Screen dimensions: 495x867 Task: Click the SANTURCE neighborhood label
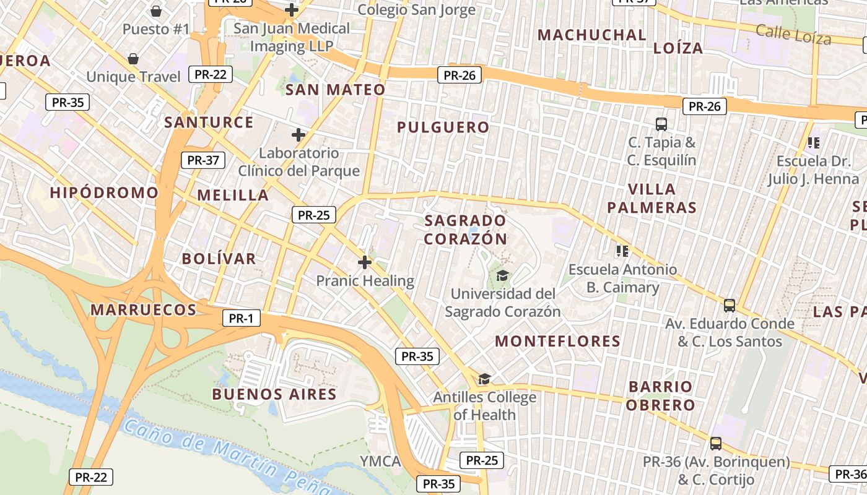[209, 122]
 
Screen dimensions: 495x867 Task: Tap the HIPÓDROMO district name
[104, 192]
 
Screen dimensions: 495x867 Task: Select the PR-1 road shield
[241, 319]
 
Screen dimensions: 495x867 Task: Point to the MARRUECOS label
[144, 309]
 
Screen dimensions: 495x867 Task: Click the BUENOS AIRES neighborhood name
[274, 394]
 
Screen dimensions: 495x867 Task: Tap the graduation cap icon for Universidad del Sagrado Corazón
[502, 275]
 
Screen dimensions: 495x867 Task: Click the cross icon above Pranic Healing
[365, 262]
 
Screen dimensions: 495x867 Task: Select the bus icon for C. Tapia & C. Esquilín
[661, 124]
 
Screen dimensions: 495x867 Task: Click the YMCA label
[380, 461]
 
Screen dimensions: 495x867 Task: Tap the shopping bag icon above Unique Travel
[133, 59]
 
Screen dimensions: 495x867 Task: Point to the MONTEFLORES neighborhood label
[557, 341]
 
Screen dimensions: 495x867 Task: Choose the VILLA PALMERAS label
[651, 198]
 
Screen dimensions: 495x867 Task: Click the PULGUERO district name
[443, 127]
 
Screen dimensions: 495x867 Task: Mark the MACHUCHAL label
[592, 35]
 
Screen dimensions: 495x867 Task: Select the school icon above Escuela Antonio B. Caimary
[622, 251]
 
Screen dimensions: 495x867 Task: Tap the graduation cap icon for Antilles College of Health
[484, 379]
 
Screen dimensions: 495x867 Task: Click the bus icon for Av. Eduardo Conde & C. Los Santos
[730, 306]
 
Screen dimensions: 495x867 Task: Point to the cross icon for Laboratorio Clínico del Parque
[298, 135]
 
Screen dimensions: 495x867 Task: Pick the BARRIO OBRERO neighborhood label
[660, 396]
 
